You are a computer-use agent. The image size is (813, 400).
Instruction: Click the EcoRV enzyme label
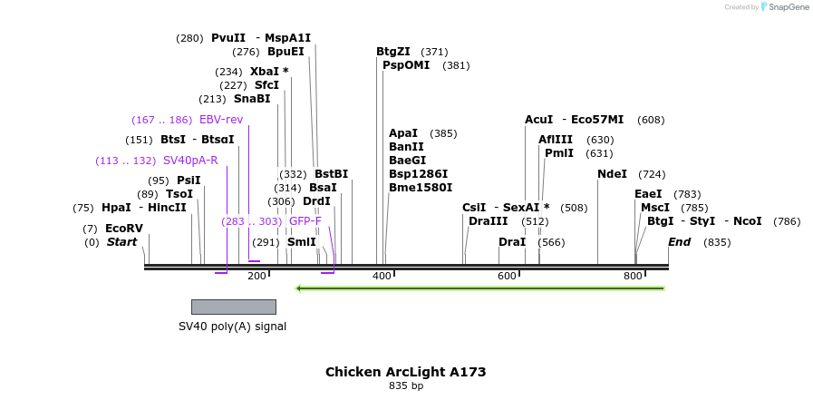pyautogui.click(x=123, y=229)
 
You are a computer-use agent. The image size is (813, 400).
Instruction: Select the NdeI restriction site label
pyautogui.click(x=613, y=174)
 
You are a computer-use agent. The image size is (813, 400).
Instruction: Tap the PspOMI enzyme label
pyautogui.click(x=406, y=65)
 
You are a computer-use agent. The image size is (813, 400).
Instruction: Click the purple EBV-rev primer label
pyautogui.click(x=221, y=120)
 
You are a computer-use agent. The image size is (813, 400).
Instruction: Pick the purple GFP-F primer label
pyautogui.click(x=305, y=221)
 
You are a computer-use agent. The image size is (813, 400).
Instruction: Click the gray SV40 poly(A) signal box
pyautogui.click(x=233, y=307)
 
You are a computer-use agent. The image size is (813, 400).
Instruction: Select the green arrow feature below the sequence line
pyautogui.click(x=480, y=288)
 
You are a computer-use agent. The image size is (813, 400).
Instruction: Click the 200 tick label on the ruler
pyautogui.click(x=256, y=276)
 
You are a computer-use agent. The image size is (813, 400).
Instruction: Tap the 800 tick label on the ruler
pyautogui.click(x=633, y=276)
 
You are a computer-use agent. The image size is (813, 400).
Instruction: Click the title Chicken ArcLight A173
pyautogui.click(x=405, y=372)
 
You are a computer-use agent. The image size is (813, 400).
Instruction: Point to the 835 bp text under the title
pyautogui.click(x=405, y=385)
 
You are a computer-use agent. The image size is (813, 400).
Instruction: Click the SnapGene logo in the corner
pyautogui.click(x=784, y=7)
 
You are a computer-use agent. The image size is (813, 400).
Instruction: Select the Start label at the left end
pyautogui.click(x=121, y=242)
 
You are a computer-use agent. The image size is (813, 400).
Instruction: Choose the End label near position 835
pyautogui.click(x=679, y=242)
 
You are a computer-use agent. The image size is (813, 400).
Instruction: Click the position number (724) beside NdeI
pyautogui.click(x=652, y=174)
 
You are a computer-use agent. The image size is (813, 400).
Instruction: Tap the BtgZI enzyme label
pyautogui.click(x=393, y=52)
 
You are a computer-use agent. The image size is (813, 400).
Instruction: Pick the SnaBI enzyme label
pyautogui.click(x=252, y=99)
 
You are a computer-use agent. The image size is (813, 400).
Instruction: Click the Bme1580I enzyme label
pyautogui.click(x=421, y=188)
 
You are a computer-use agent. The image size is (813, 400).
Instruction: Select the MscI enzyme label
pyautogui.click(x=655, y=208)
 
